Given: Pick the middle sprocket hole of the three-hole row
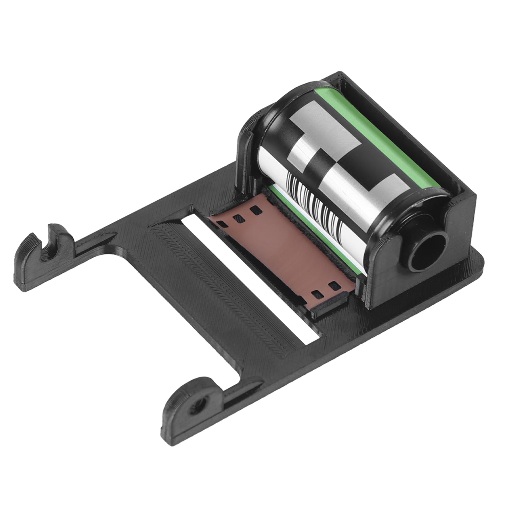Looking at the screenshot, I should [238, 217].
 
